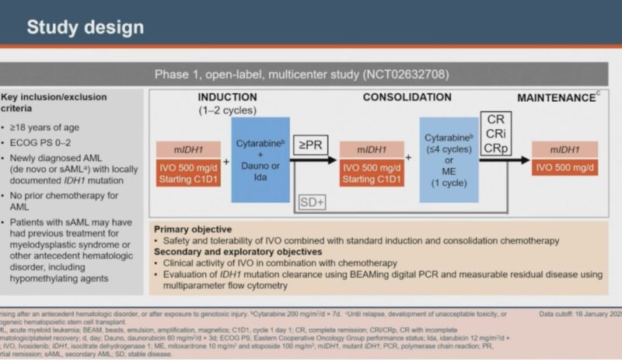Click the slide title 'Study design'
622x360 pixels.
coord(86,27)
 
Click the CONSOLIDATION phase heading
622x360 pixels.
coord(407,97)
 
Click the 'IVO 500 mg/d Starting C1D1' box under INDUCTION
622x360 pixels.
coord(189,173)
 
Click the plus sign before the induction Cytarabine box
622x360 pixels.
coord(226,161)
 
